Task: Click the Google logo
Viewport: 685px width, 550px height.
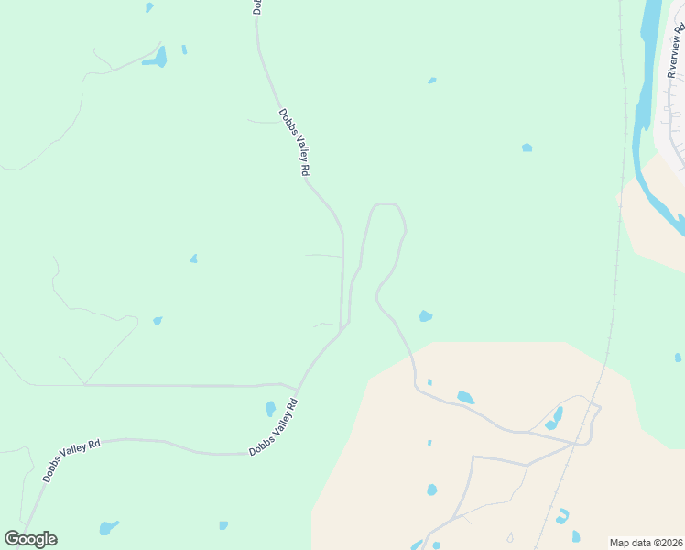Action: (x=30, y=538)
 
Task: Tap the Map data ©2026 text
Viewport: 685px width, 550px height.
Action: (x=646, y=542)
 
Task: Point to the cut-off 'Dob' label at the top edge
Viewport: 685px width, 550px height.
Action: (x=257, y=7)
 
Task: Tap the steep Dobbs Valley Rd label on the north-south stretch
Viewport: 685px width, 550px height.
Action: (x=295, y=142)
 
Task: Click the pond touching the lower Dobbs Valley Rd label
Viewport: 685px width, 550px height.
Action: (x=270, y=408)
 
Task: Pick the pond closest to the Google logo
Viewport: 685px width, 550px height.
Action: (x=109, y=528)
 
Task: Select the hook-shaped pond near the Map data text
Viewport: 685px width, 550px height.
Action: (x=561, y=516)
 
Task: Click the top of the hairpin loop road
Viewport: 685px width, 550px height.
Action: (x=386, y=204)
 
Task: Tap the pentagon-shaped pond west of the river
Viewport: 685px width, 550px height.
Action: (x=527, y=147)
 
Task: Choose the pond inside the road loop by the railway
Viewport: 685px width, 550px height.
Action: (x=555, y=418)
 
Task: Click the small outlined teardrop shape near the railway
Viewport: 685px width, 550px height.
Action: (x=510, y=537)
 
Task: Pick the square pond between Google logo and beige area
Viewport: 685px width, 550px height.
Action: (x=223, y=525)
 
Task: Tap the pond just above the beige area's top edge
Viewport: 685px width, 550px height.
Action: (x=425, y=316)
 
